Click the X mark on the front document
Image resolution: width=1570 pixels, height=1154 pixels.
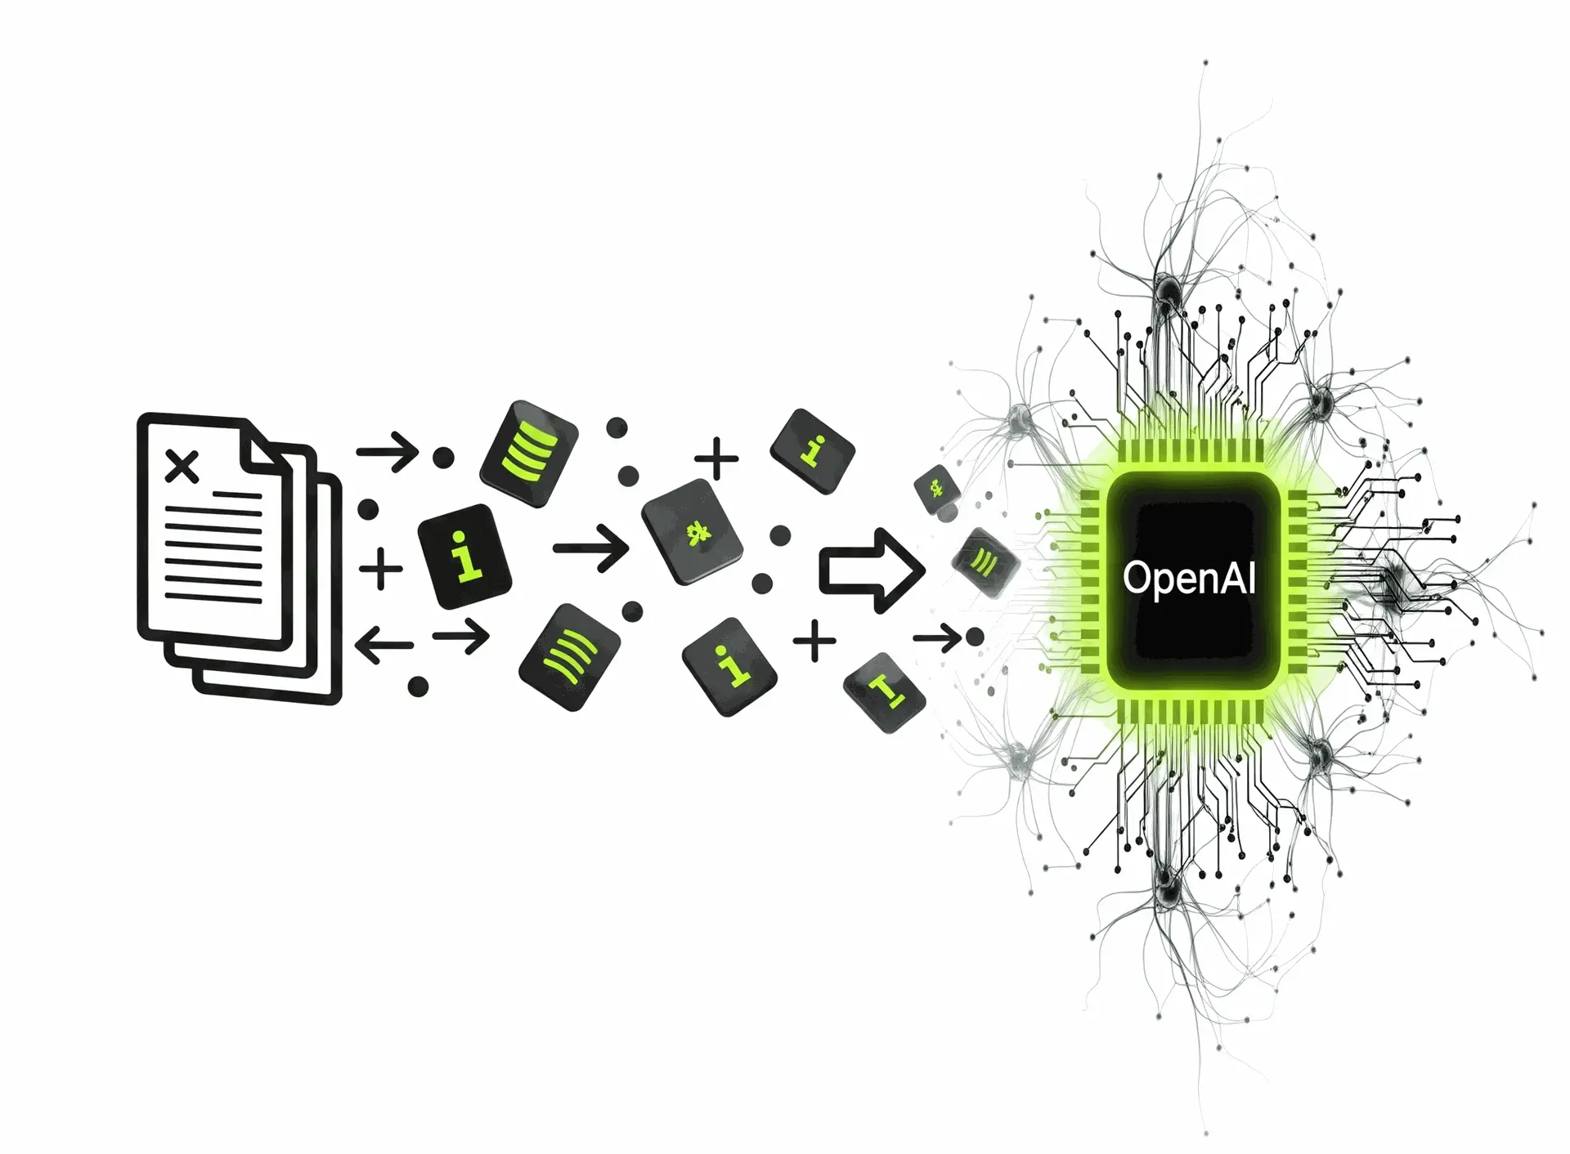(182, 467)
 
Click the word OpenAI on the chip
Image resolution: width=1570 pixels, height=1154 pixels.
(1189, 578)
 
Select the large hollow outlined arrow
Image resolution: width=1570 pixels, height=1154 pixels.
(872, 570)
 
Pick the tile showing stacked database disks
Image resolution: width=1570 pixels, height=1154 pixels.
(528, 454)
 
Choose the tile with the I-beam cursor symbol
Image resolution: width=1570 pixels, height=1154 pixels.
(885, 692)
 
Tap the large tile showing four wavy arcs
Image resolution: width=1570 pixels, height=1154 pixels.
(569, 657)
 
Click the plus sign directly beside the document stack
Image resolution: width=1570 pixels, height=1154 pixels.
(381, 569)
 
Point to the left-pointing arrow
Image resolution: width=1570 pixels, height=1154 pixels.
(384, 645)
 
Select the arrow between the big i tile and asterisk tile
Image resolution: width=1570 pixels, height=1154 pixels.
(591, 548)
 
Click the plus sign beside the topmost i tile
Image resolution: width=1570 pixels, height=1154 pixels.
(716, 458)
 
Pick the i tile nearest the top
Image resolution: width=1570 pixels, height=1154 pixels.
(813, 451)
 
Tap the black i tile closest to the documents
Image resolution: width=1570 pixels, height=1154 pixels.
(464, 556)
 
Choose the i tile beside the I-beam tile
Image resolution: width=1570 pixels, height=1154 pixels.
(729, 666)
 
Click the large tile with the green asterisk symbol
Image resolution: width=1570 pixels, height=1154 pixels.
(693, 531)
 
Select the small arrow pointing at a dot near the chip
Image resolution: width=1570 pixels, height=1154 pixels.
(937, 637)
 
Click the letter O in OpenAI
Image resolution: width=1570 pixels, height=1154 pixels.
(1136, 576)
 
